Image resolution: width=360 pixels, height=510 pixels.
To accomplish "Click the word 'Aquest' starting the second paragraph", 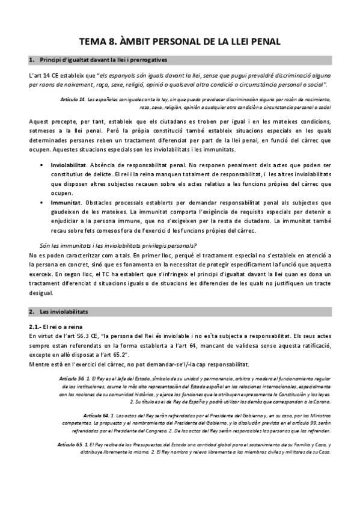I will coord(39,121).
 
